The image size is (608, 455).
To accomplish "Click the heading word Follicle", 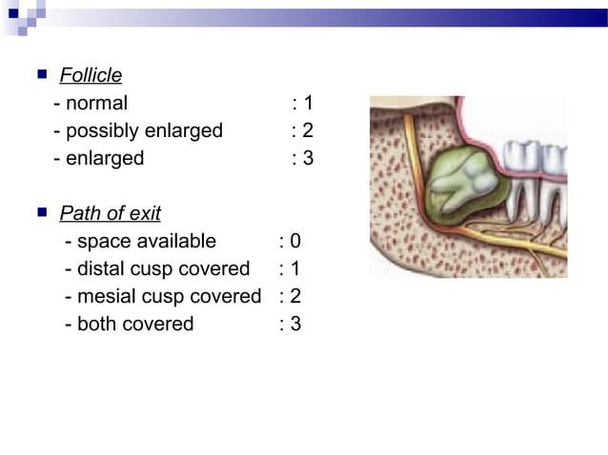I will pyautogui.click(x=91, y=75).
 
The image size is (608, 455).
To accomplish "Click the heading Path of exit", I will pyautogui.click(x=110, y=213).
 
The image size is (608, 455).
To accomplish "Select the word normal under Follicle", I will pyautogui.click(x=96, y=103).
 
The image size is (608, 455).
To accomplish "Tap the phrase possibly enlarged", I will pyautogui.click(x=144, y=130).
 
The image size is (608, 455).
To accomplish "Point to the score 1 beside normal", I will pyautogui.click(x=308, y=103).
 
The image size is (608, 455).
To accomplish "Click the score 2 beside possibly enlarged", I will pyautogui.click(x=308, y=130).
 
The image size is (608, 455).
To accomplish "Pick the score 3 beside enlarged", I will pyautogui.click(x=308, y=158).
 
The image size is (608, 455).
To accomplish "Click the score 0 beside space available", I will pyautogui.click(x=295, y=241).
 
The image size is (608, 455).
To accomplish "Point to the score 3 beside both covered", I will pyautogui.click(x=295, y=324).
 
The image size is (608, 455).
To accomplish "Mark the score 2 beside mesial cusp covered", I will pyautogui.click(x=295, y=296).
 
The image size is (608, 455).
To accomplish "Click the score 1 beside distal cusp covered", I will pyautogui.click(x=295, y=268).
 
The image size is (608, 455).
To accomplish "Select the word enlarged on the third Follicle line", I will pyautogui.click(x=105, y=158).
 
